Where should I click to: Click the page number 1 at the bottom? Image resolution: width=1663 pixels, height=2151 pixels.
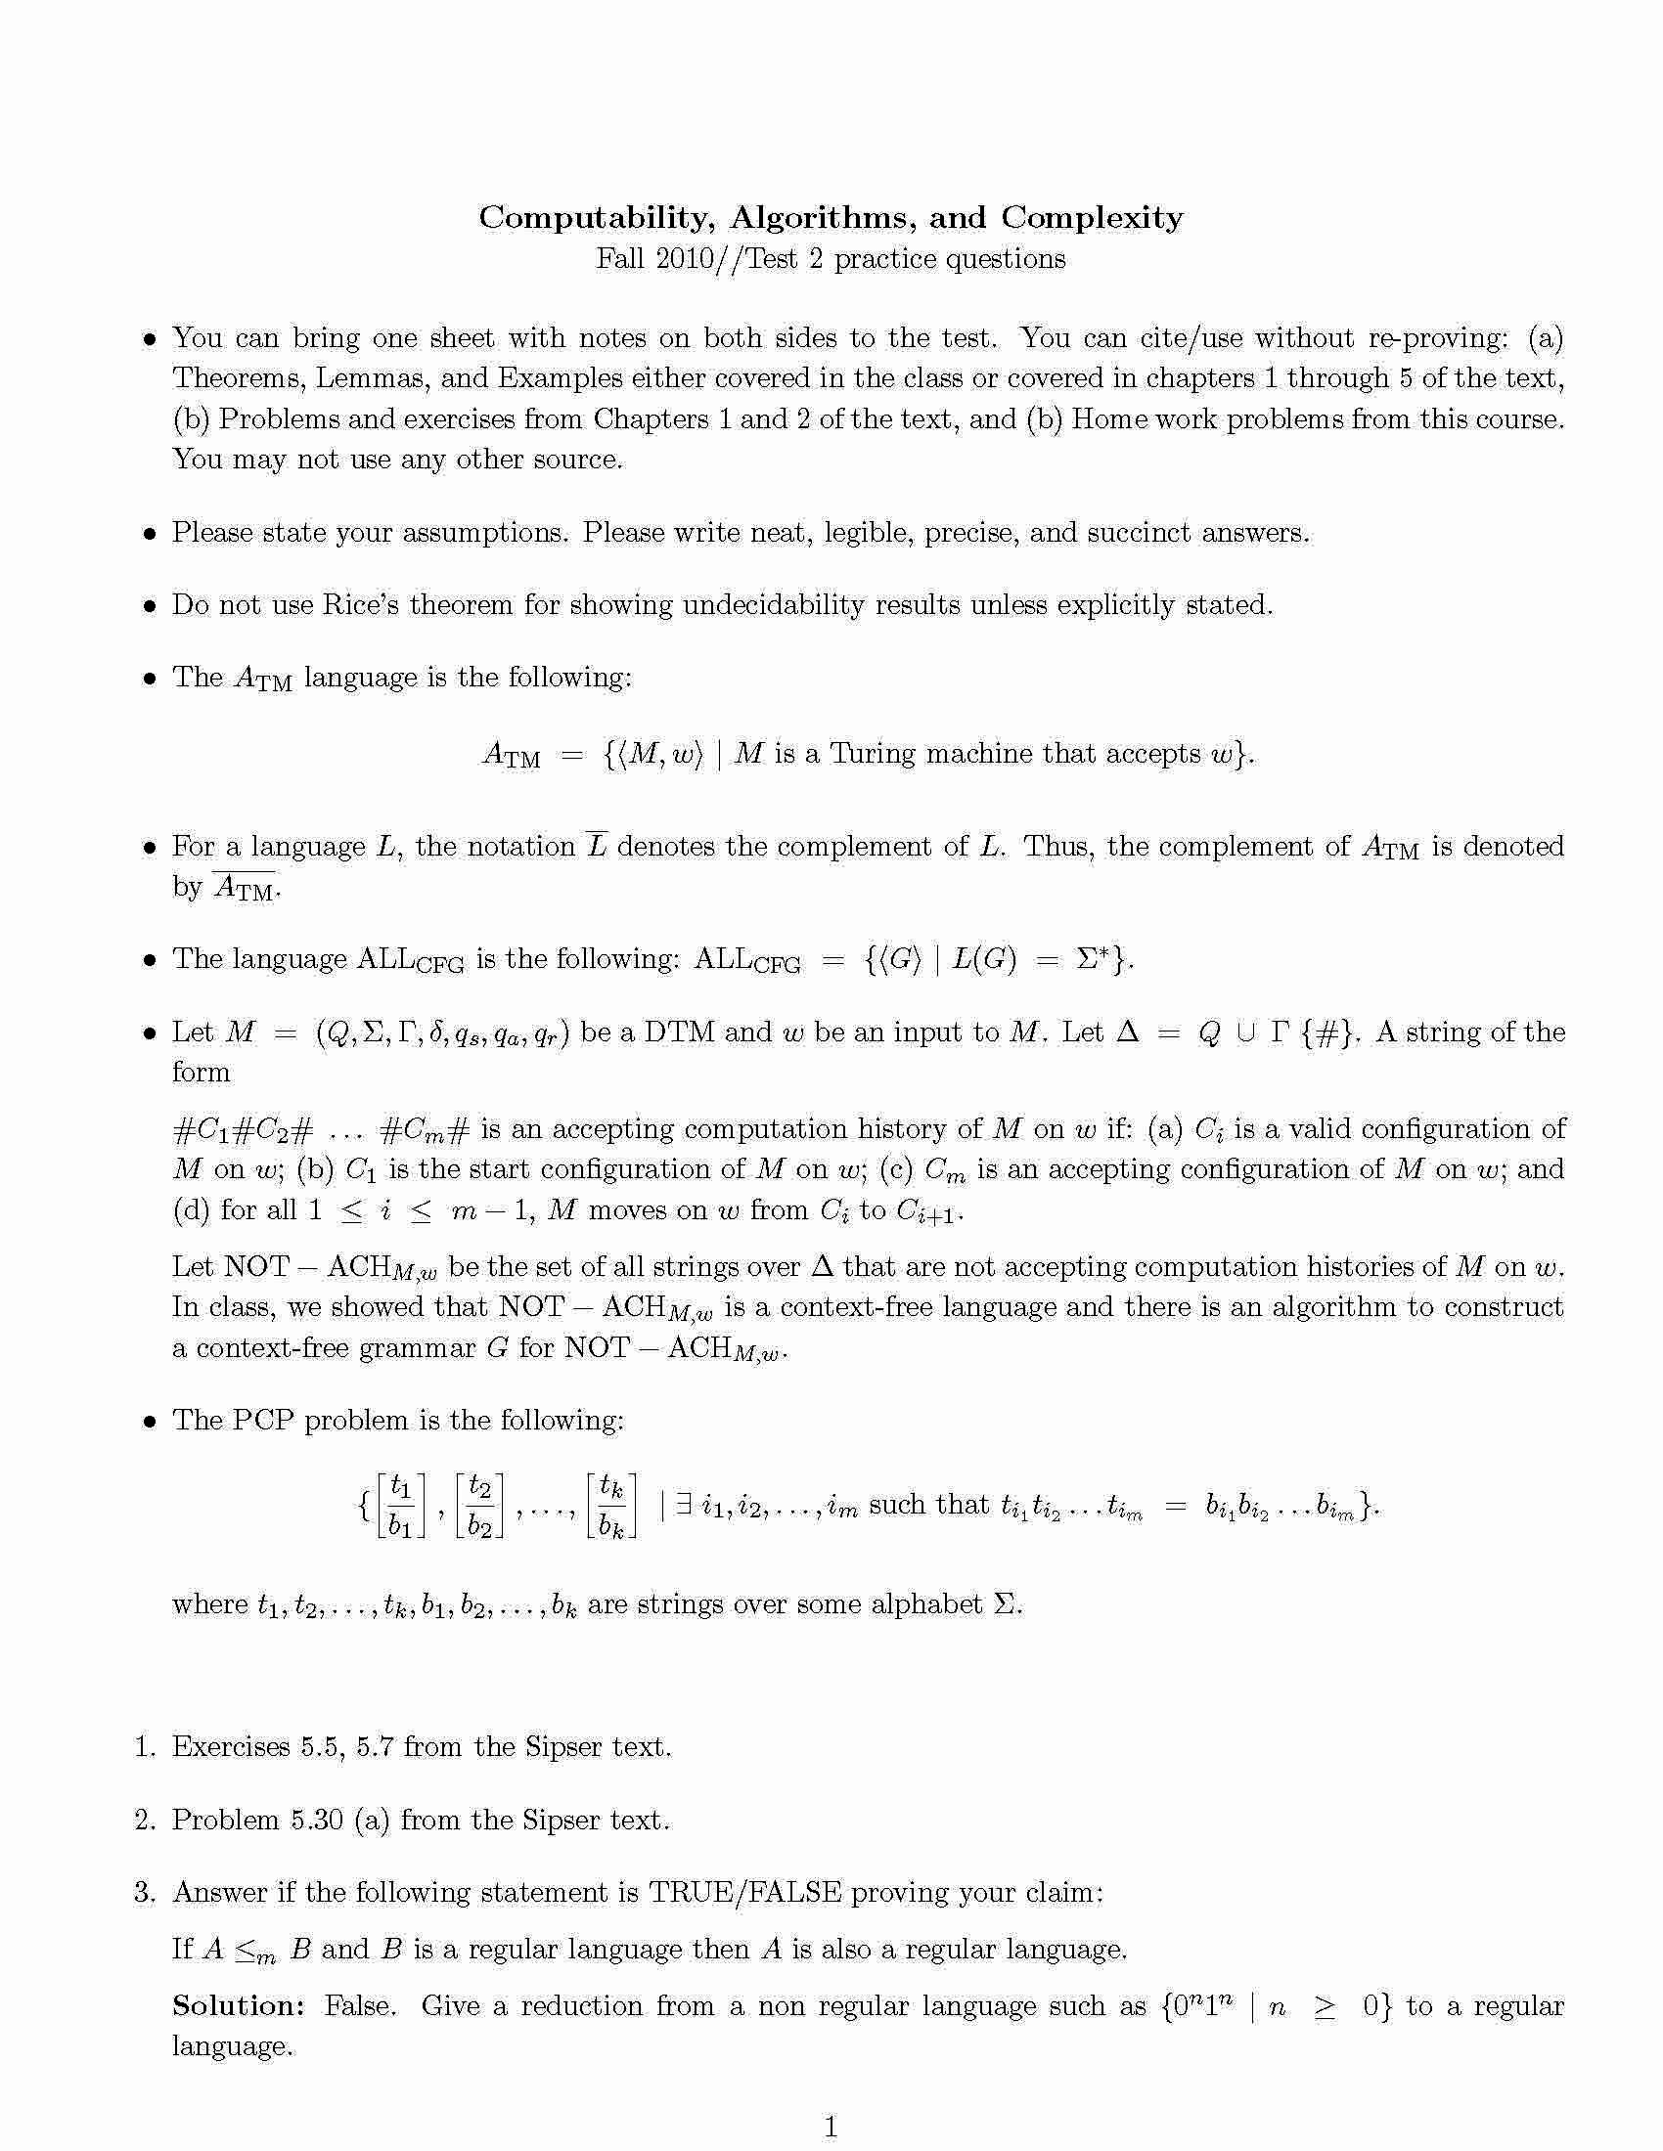(831, 2128)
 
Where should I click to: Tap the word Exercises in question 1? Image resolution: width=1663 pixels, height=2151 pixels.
(231, 1747)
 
